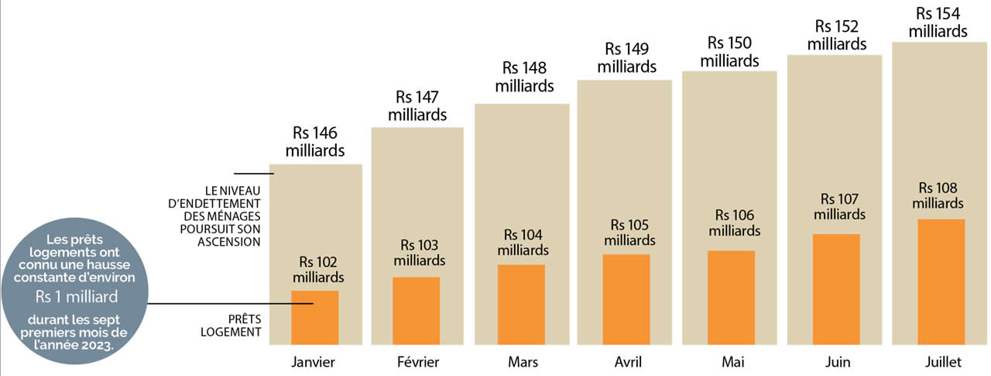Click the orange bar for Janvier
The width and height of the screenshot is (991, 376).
314,317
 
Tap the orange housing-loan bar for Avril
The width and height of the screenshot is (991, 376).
626,299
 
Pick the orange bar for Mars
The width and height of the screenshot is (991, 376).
521,305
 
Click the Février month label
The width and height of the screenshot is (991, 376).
418,362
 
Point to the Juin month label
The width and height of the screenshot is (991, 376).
837,362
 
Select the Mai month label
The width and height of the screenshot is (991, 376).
732,362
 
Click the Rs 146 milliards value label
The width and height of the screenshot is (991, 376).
315,142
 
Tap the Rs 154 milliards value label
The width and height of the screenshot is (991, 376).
938,22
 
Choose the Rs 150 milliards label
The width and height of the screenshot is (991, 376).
729,51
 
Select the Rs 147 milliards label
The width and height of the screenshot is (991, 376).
417,106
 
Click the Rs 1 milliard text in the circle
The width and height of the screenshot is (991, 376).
77,297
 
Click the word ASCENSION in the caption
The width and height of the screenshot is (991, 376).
228,242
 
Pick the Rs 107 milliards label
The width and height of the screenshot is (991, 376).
839,206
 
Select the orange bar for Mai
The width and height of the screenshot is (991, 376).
731,298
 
